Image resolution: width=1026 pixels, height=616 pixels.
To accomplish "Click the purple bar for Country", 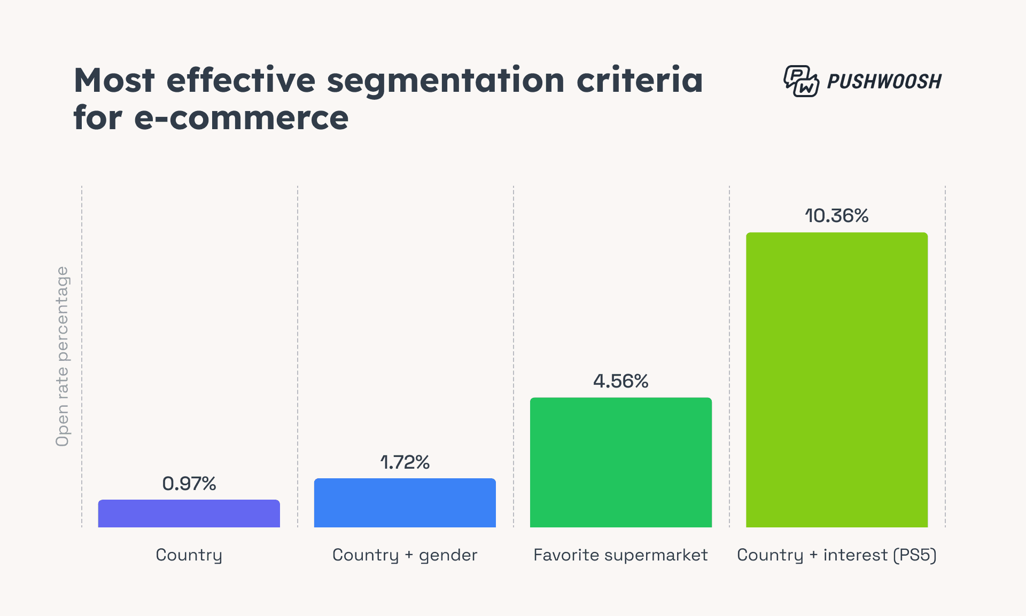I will click(189, 514).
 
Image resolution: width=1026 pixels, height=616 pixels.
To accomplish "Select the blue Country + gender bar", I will click(405, 503).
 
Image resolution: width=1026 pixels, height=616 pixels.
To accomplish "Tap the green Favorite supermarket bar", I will click(620, 462).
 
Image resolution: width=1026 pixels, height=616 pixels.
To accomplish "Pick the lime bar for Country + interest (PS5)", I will click(836, 380).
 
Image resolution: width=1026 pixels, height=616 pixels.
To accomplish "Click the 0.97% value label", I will click(189, 484).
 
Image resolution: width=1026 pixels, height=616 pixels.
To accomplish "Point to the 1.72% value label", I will click(405, 462).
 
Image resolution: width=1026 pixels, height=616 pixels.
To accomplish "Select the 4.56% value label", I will click(620, 381).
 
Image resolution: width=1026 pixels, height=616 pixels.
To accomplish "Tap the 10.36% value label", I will click(836, 216).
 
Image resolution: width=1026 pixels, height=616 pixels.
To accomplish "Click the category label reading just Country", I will click(189, 555).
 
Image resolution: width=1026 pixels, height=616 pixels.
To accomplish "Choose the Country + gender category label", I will click(405, 555).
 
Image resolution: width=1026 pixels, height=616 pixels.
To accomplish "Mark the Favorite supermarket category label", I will click(620, 555).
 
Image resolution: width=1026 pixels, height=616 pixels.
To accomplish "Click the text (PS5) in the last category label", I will click(915, 555).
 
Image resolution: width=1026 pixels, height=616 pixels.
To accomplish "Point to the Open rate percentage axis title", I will click(63, 356).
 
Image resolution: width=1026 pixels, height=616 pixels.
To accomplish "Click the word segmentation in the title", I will click(445, 81).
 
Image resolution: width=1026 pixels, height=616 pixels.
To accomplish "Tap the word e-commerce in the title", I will click(241, 118).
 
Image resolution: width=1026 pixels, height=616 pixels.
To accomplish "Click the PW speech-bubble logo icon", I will click(800, 81).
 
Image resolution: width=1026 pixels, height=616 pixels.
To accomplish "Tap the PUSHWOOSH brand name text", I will click(884, 81).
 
